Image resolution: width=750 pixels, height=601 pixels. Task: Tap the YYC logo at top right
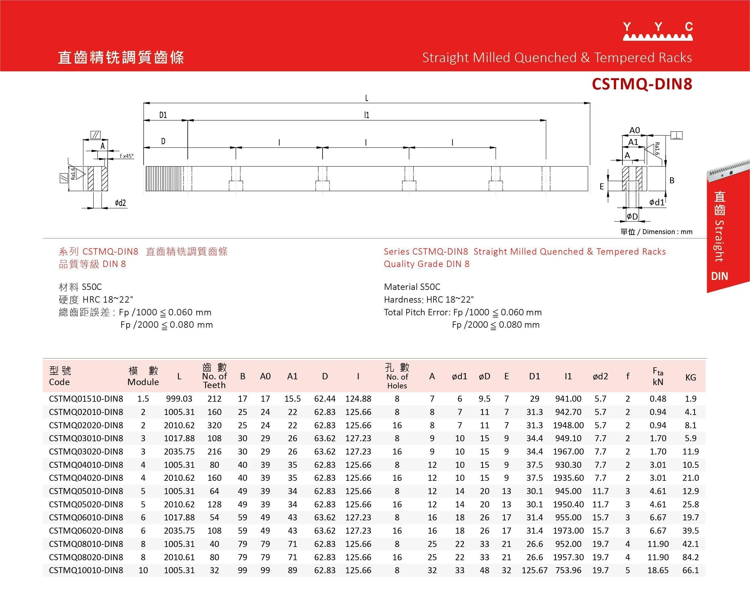(657, 31)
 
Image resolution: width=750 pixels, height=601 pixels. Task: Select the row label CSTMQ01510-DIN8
(86, 399)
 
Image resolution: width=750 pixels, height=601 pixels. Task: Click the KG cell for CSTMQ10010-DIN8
(690, 570)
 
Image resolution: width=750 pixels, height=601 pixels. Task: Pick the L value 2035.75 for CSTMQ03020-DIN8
(179, 452)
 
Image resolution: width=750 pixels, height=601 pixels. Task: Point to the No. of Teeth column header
(214, 376)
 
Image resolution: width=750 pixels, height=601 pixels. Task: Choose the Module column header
(143, 376)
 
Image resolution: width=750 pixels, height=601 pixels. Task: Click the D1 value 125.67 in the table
(534, 570)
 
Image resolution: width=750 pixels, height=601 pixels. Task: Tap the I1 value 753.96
(568, 570)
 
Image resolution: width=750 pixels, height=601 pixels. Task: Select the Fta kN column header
(658, 376)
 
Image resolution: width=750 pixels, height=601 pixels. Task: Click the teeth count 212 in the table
(214, 399)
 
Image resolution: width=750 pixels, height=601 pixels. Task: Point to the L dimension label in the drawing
(367, 98)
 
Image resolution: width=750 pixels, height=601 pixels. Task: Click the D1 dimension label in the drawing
(163, 115)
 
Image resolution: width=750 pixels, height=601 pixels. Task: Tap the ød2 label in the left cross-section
(120, 203)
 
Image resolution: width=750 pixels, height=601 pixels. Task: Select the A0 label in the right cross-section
(635, 130)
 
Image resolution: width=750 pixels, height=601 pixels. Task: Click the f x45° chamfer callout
(127, 156)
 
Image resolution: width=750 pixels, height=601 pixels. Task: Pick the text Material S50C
(412, 287)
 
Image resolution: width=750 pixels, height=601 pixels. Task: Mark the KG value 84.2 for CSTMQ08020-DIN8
(690, 557)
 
